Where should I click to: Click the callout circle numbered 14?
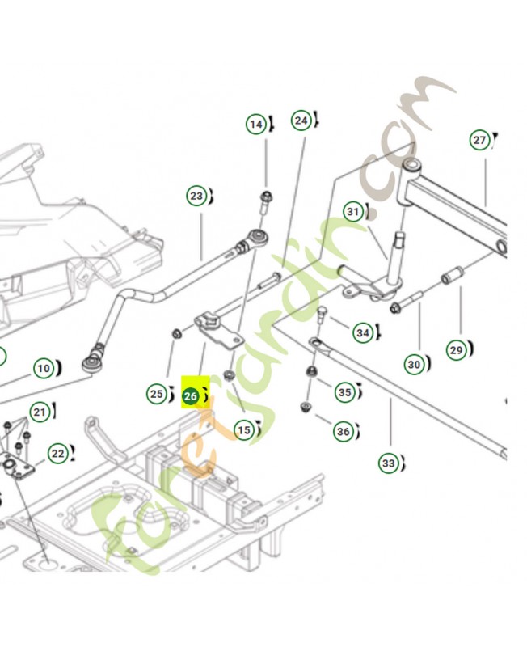pyautogui.click(x=256, y=125)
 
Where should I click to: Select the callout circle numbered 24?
pyautogui.click(x=301, y=121)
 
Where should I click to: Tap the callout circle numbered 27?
pyautogui.click(x=479, y=140)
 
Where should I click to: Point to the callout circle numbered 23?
pyautogui.click(x=196, y=196)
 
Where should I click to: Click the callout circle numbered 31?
pyautogui.click(x=352, y=213)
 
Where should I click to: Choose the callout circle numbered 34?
pyautogui.click(x=363, y=332)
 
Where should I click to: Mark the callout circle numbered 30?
pyautogui.click(x=414, y=365)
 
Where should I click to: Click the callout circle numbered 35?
pyautogui.click(x=345, y=393)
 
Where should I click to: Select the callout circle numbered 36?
pyautogui.click(x=344, y=432)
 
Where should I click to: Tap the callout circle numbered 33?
pyautogui.click(x=389, y=463)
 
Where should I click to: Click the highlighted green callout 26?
pyautogui.click(x=192, y=396)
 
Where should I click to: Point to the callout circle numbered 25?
pyautogui.click(x=155, y=394)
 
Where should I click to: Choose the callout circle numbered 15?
pyautogui.click(x=243, y=431)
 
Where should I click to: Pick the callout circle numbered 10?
pyautogui.click(x=43, y=369)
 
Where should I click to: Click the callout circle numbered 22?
pyautogui.click(x=57, y=454)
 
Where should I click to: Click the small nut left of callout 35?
pyautogui.click(x=310, y=372)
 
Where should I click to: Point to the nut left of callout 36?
pyautogui.click(x=306, y=406)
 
